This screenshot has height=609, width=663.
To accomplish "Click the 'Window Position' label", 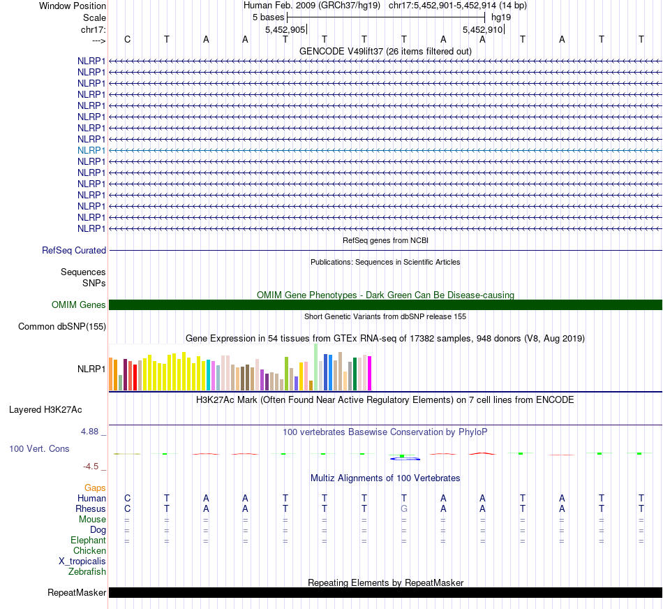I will [73, 6].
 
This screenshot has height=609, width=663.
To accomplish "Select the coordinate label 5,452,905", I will [285, 29].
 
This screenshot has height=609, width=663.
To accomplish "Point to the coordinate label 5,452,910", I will [482, 29].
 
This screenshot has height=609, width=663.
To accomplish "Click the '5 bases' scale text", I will [268, 17].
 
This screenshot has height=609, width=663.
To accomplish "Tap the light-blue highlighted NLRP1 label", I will [91, 150].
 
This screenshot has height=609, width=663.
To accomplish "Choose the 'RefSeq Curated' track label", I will [74, 250].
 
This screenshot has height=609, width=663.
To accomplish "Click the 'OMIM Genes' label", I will [79, 304].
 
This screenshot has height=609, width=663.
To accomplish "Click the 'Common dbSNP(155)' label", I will [62, 326].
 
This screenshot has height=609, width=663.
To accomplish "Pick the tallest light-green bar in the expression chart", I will [315, 367].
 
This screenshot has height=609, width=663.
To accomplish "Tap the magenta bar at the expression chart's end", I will [369, 373].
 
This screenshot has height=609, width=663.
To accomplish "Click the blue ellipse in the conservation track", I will [404, 458].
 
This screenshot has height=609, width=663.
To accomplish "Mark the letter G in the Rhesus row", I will [403, 508].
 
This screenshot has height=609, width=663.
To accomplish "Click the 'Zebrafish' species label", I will [87, 571].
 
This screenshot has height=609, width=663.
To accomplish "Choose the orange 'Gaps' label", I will [95, 487].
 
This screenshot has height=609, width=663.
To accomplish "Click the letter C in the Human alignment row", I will [127, 498].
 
